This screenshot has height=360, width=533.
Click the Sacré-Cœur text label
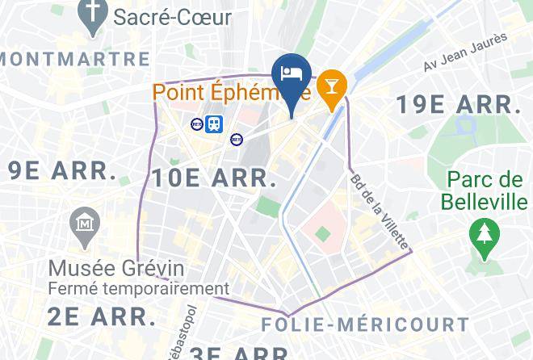172,15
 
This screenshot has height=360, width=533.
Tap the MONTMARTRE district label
75,59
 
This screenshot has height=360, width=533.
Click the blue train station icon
215,123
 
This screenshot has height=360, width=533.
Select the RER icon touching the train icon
198,123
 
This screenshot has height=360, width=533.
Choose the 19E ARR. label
458,104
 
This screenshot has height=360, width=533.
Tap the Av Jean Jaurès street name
465,51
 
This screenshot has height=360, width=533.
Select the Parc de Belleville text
485,190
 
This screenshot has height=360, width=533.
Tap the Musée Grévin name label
116,268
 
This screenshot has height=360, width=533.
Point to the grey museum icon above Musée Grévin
84,221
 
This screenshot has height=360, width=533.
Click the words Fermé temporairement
139,288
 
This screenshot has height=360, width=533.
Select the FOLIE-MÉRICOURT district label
365,325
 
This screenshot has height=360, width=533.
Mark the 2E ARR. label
101,316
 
